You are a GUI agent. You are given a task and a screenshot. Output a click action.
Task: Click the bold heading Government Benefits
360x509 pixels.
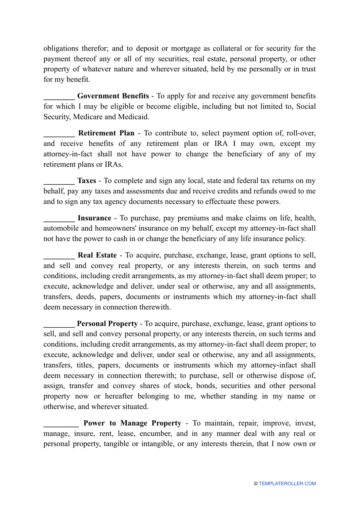click(x=113, y=96)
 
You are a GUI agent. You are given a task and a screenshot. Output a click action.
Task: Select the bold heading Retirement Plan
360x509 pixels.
click(x=106, y=133)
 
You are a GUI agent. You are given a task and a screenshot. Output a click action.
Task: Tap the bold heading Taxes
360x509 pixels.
click(x=87, y=181)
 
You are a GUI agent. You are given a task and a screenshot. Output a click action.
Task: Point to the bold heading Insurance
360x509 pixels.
click(x=94, y=218)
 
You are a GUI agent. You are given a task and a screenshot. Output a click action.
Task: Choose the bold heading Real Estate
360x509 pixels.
click(x=97, y=255)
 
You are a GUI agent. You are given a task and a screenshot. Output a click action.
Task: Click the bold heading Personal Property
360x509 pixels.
click(x=107, y=324)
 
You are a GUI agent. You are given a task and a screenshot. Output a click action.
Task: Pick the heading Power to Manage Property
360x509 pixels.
click(x=132, y=423)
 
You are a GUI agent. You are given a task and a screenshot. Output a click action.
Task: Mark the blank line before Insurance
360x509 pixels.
click(x=59, y=219)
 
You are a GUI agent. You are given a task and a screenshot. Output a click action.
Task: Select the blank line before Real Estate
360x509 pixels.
click(x=59, y=256)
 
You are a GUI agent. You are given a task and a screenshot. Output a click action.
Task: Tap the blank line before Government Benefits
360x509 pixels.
click(x=59, y=97)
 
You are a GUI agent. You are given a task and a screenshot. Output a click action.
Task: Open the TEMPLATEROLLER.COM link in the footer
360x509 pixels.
click(x=287, y=484)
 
